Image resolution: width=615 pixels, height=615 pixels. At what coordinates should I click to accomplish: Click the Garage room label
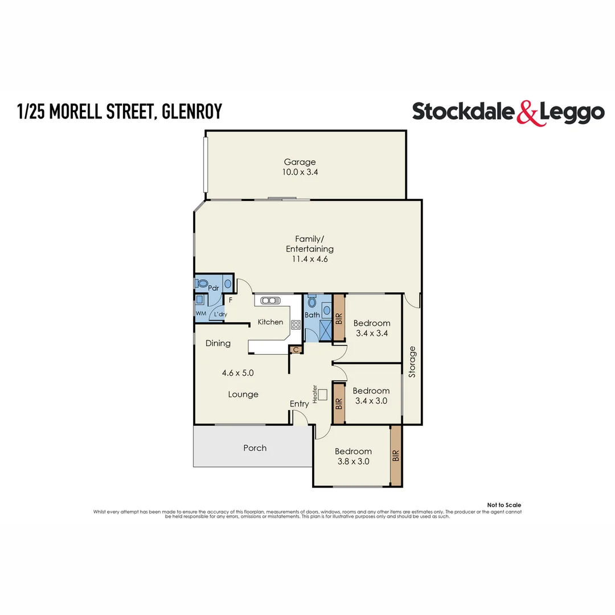(300, 162)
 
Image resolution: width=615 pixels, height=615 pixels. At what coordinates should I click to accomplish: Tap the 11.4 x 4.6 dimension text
(310, 259)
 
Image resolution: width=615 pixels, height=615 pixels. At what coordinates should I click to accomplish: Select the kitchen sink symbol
(269, 300)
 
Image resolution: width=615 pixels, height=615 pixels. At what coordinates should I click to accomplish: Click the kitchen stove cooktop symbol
(296, 325)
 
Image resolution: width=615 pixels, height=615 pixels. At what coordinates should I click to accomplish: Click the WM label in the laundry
(200, 314)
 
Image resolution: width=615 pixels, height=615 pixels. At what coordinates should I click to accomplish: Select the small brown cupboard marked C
(295, 350)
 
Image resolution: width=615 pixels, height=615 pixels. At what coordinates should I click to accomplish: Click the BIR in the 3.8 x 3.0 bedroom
(396, 456)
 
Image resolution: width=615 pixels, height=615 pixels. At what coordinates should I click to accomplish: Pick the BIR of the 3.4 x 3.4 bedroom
(339, 318)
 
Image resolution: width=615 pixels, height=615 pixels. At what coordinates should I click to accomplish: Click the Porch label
(255, 448)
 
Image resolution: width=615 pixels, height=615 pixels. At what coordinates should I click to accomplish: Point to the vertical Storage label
(412, 362)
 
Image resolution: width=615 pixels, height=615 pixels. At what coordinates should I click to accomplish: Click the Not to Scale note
(504, 505)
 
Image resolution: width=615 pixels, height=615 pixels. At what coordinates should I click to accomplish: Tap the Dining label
(218, 343)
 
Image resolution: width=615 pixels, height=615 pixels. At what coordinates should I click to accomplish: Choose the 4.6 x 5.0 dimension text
(237, 374)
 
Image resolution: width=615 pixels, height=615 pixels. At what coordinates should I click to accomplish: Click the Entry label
(299, 404)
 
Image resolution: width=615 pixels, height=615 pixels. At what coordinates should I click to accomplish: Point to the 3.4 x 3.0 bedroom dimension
(371, 400)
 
